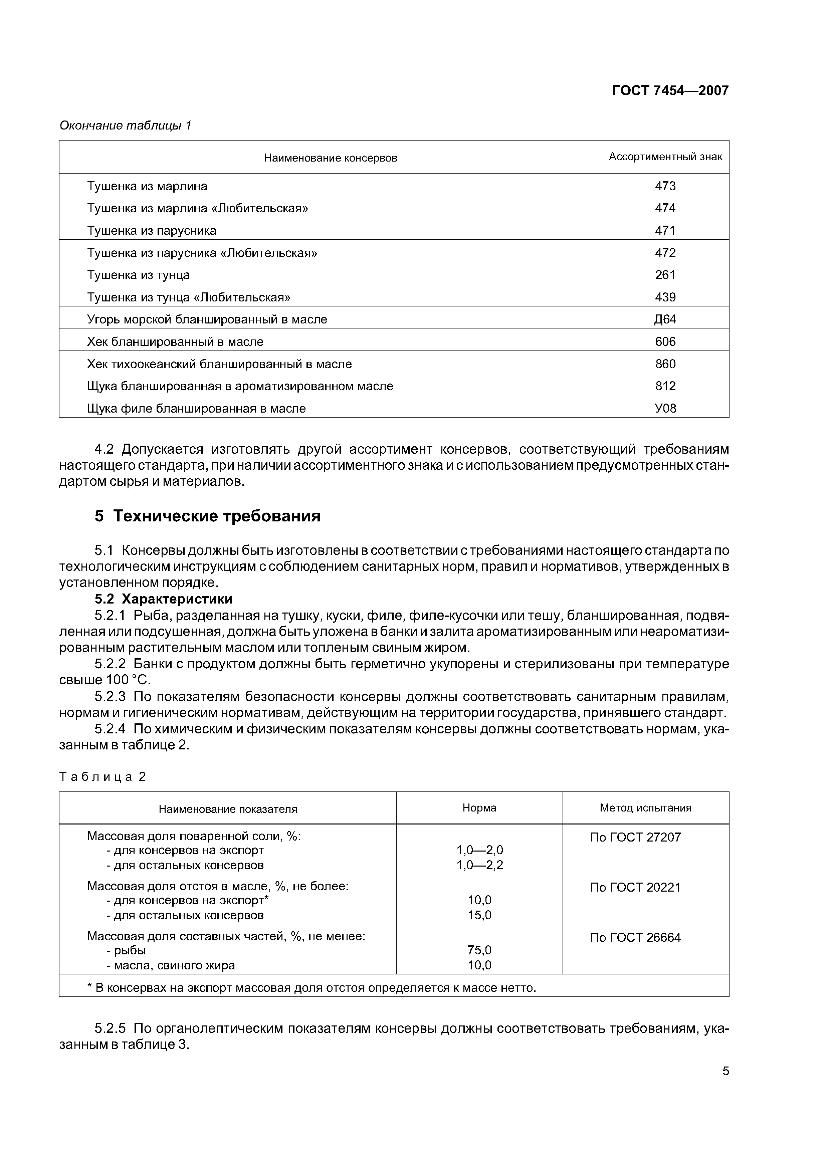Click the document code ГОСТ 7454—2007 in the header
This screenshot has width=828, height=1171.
point(670,91)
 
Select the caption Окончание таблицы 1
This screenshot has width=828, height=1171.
point(125,126)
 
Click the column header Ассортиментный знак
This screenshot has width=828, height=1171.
point(665,157)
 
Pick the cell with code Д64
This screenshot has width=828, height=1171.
point(665,319)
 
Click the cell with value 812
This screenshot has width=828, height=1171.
point(665,386)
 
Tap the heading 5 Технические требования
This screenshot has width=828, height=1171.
point(208,516)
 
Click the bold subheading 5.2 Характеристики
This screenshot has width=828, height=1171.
point(163,599)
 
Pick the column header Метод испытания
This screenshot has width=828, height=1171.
point(645,808)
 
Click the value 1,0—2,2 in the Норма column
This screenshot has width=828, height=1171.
point(479,865)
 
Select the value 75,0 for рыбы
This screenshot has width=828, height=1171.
point(479,950)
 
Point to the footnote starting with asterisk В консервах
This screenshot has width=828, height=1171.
point(311,988)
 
